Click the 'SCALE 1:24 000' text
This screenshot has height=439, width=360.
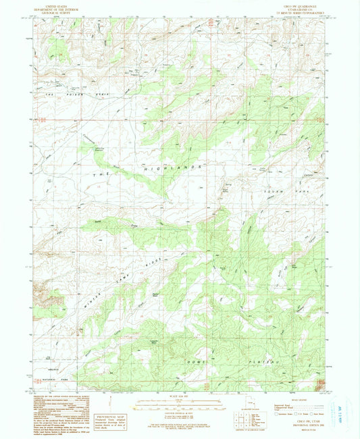[179, 396]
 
